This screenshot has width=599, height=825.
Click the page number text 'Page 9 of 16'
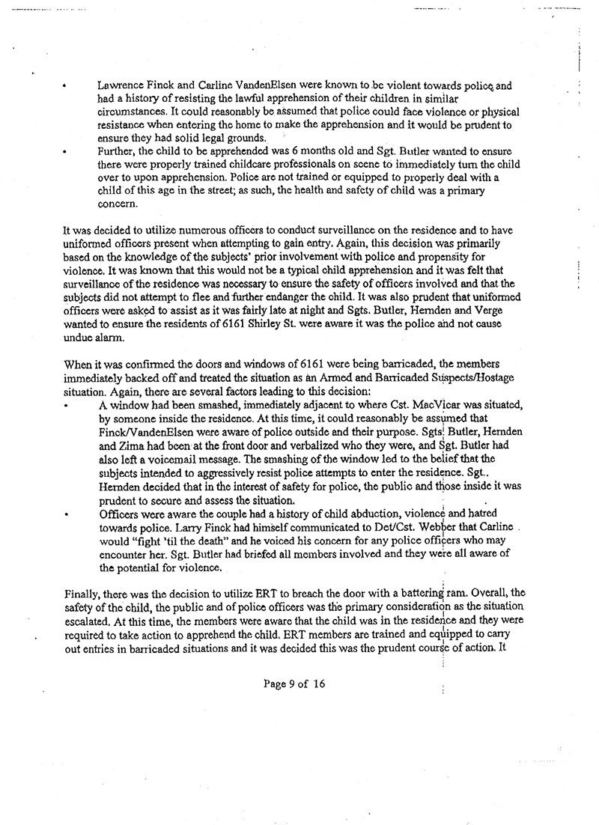(x=295, y=683)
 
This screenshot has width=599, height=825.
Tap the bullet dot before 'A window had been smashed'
(x=67, y=405)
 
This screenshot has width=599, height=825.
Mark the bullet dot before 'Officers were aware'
(x=67, y=514)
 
